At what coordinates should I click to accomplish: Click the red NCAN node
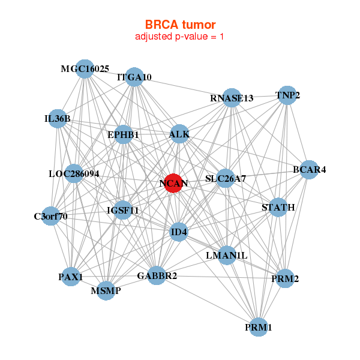click(x=173, y=184)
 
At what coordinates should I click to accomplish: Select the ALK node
click(x=179, y=134)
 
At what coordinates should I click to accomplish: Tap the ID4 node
click(x=179, y=232)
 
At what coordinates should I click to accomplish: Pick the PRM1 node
click(x=259, y=327)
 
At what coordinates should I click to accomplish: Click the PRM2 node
click(x=285, y=278)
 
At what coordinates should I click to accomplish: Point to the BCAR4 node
click(x=309, y=170)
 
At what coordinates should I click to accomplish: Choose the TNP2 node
click(x=287, y=95)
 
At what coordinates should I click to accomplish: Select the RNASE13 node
click(x=232, y=98)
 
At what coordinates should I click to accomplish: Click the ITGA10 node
click(x=134, y=77)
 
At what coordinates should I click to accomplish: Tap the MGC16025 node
click(x=85, y=69)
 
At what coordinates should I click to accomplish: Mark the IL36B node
click(x=58, y=119)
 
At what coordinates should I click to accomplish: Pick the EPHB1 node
click(x=123, y=135)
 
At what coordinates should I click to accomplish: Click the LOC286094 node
click(x=74, y=174)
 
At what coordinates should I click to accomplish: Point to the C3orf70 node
click(x=51, y=215)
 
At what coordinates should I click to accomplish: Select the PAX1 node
click(x=71, y=277)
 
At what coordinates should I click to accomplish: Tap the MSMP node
click(x=106, y=291)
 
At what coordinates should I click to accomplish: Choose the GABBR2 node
click(x=157, y=276)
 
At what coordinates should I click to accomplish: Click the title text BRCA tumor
click(x=180, y=25)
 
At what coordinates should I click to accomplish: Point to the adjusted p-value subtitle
click(x=180, y=37)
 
